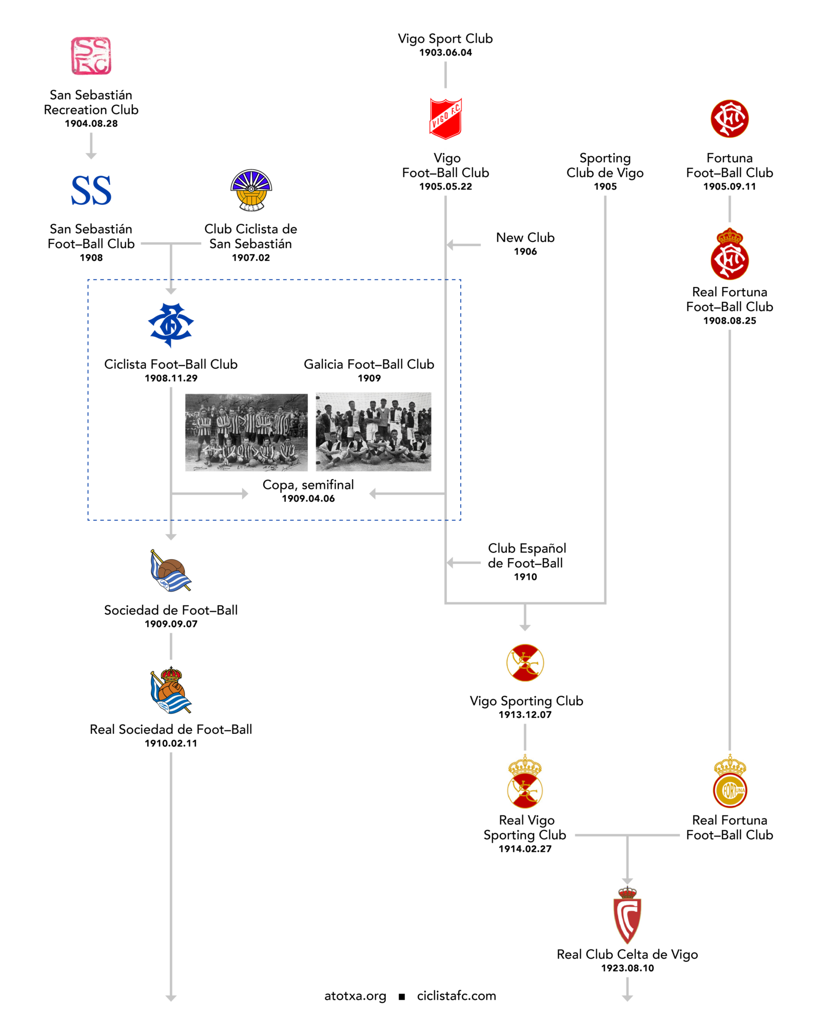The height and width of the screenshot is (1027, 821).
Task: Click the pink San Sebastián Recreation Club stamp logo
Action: (91, 56)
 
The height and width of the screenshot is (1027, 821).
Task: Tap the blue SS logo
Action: (91, 191)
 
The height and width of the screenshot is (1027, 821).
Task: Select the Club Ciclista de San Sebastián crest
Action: (251, 190)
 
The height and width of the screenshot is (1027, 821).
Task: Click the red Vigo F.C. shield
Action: (445, 119)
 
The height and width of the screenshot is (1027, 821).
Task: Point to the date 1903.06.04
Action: (445, 52)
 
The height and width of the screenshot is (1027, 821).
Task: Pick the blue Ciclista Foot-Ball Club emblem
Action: (171, 325)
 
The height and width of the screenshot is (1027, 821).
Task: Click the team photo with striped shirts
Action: (246, 432)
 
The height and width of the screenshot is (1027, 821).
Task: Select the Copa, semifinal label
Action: (308, 485)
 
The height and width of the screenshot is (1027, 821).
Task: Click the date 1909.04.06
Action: (308, 499)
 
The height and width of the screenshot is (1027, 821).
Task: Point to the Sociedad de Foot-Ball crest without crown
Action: (171, 570)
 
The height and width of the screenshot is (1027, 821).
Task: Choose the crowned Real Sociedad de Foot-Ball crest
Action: (171, 690)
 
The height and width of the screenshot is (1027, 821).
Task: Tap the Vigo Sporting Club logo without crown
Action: (525, 662)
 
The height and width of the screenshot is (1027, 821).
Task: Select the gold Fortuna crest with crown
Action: (730, 781)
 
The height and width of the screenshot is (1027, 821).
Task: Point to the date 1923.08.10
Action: (628, 968)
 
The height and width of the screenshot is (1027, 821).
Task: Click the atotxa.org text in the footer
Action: (355, 996)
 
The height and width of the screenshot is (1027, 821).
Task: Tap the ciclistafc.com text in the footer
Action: (457, 996)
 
